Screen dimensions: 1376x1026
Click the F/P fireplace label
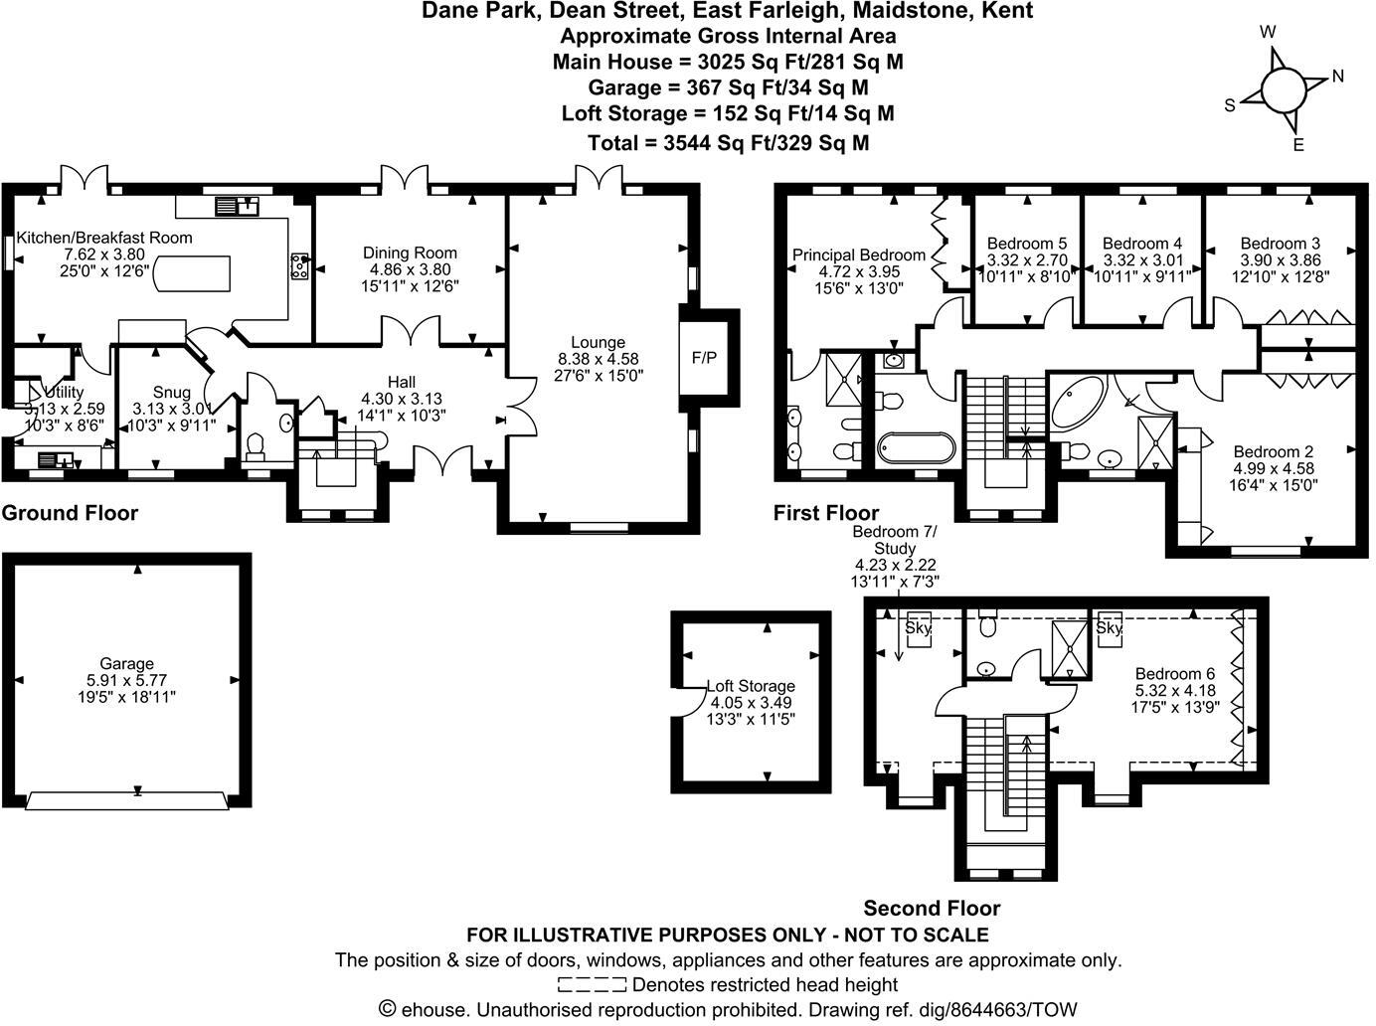pyautogui.click(x=704, y=357)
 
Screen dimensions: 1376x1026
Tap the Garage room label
pyautogui.click(x=126, y=664)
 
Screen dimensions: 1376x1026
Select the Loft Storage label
pyautogui.click(x=751, y=686)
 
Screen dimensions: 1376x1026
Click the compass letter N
pyautogui.click(x=1338, y=76)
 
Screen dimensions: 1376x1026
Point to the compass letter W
pyautogui.click(x=1268, y=32)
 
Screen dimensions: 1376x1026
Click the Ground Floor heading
pyautogui.click(x=70, y=513)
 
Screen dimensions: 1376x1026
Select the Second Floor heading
pyautogui.click(x=932, y=908)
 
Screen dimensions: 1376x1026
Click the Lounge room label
pyautogui.click(x=599, y=343)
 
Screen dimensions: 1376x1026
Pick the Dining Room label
pyautogui.click(x=410, y=254)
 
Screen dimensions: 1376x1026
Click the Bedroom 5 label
pyautogui.click(x=1027, y=244)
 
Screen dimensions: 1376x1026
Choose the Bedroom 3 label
pyautogui.click(x=1281, y=244)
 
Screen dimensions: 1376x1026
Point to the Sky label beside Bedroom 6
pyautogui.click(x=1109, y=628)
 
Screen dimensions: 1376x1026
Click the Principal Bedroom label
pyautogui.click(x=859, y=256)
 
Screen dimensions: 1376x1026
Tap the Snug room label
pyautogui.click(x=171, y=393)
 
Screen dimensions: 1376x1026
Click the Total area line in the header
pyautogui.click(x=729, y=143)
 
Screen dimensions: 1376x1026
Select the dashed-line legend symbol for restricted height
pyautogui.click(x=592, y=985)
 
